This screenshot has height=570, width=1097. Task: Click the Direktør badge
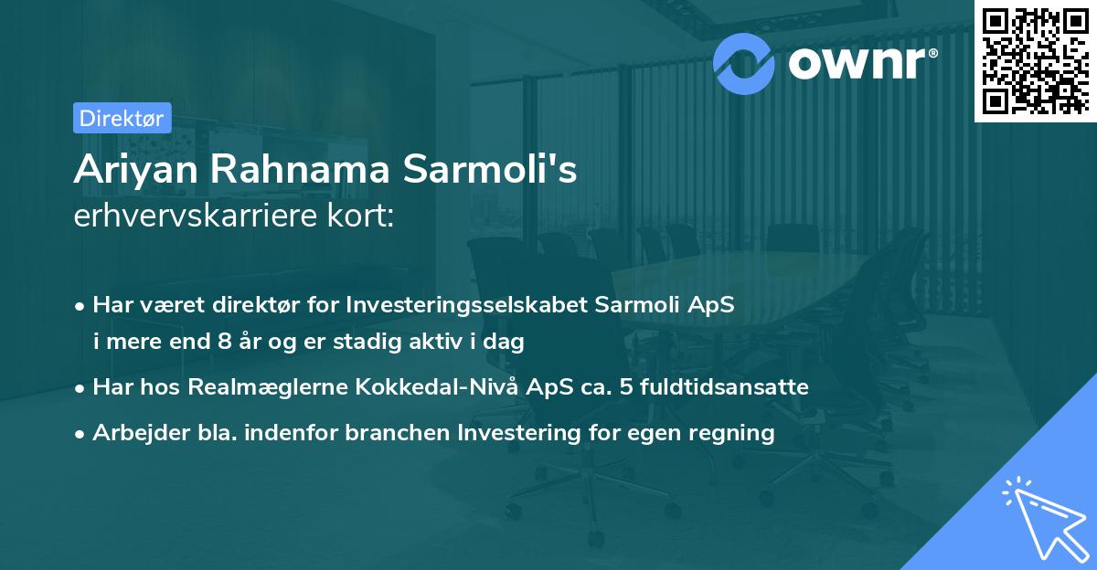tap(121, 118)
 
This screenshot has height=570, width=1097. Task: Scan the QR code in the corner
tap(1035, 60)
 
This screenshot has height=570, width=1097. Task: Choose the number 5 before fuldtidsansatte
tap(624, 387)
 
